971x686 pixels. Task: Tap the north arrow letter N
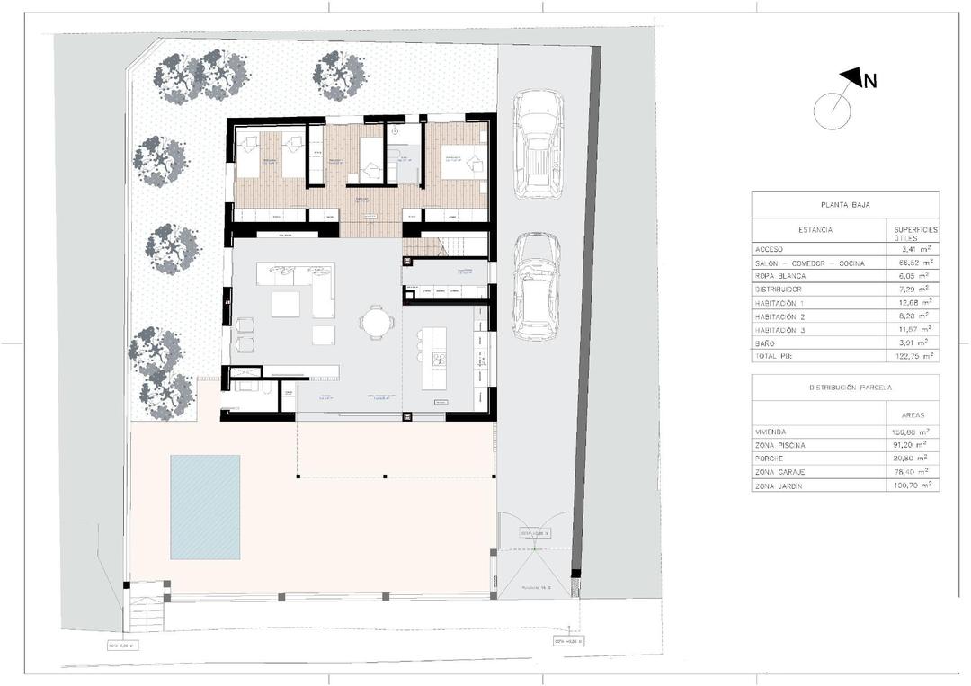869,82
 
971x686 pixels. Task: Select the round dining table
377,320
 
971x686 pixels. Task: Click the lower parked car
536,287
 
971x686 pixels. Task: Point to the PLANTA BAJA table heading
844,205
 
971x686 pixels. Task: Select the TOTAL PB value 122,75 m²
911,356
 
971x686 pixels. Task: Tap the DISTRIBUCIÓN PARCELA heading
844,388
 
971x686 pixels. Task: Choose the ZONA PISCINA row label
780,446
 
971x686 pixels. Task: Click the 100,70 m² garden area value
911,486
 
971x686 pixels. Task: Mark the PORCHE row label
771,459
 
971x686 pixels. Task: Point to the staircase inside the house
445,245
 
